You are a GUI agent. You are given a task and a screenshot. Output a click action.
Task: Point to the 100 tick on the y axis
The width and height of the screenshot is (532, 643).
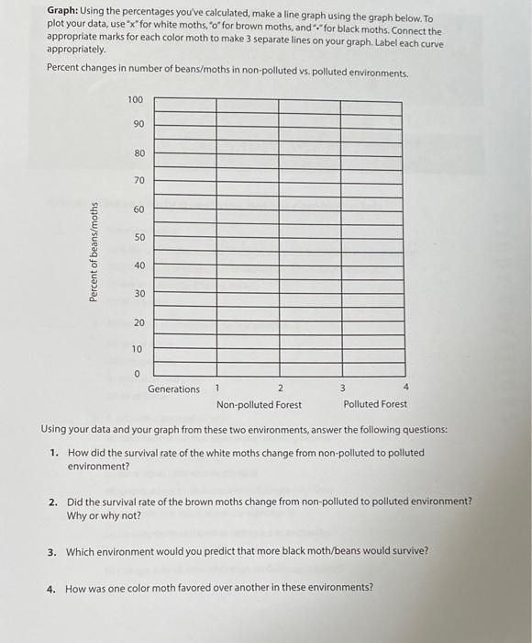tap(136, 98)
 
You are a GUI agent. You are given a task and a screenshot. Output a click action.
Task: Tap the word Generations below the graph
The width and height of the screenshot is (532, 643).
tap(173, 389)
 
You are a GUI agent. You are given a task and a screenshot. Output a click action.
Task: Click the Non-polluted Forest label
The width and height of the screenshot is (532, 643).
tap(259, 405)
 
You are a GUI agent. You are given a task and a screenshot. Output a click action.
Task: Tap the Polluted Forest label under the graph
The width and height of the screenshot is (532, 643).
tap(375, 405)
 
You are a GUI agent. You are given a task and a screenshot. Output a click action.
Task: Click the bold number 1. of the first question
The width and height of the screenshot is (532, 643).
tap(55, 453)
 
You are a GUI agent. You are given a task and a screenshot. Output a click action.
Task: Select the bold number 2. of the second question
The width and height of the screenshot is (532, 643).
tap(55, 502)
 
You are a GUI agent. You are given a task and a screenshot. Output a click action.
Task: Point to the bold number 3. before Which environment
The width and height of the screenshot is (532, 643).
tap(55, 551)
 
